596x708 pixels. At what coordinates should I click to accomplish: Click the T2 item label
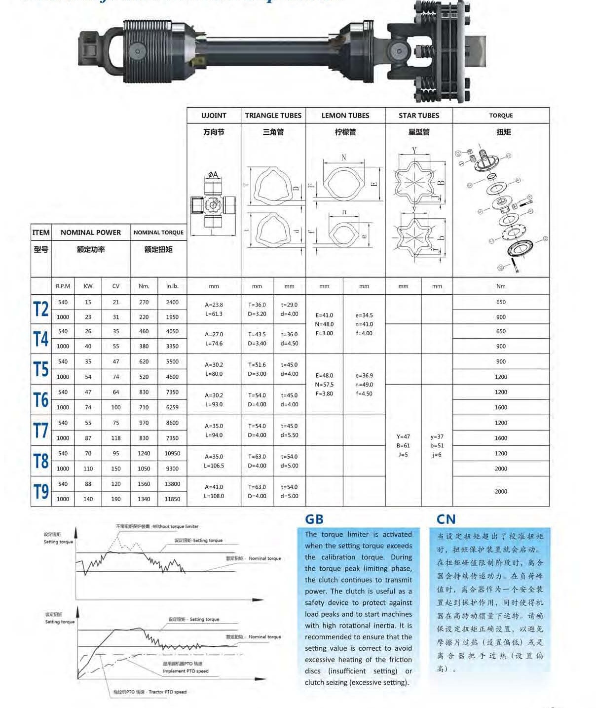click(x=41, y=310)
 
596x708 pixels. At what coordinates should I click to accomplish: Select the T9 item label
click(x=41, y=492)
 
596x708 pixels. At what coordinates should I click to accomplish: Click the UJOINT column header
click(x=214, y=116)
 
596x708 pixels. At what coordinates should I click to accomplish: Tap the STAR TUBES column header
click(x=418, y=116)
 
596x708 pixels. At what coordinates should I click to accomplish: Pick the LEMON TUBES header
click(x=345, y=116)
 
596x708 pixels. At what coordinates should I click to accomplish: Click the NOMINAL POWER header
click(x=90, y=233)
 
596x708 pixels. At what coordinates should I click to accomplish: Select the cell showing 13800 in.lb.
click(x=172, y=484)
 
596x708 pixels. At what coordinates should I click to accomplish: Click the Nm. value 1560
click(x=144, y=484)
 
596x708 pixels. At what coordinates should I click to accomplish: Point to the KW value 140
click(x=88, y=499)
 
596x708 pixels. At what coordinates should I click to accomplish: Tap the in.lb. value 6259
click(x=172, y=407)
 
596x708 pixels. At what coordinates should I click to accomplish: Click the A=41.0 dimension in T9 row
click(x=214, y=487)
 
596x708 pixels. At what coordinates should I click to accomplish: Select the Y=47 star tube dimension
click(x=403, y=436)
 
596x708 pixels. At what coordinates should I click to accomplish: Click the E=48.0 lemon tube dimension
click(x=324, y=375)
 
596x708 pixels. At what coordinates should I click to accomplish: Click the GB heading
click(x=314, y=519)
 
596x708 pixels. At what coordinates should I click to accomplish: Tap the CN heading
click(x=446, y=519)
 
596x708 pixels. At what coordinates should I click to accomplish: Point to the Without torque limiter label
click(x=175, y=526)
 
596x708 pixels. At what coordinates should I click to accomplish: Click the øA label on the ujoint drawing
click(x=213, y=175)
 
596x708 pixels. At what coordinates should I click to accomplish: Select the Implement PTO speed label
click(x=186, y=671)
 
